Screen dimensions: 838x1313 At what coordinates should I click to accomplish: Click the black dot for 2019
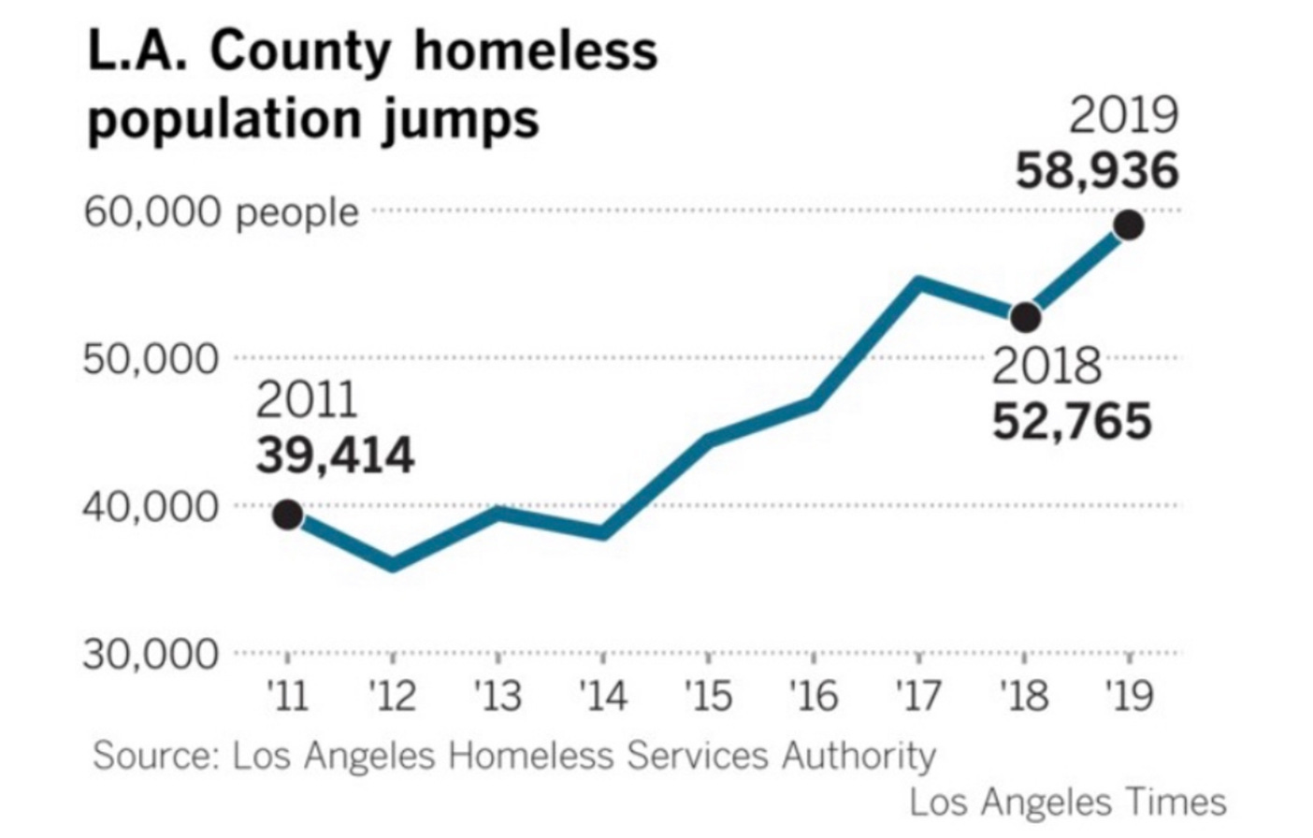[x=1129, y=224]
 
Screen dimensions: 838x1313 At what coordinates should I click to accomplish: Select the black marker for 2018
[x=1025, y=317]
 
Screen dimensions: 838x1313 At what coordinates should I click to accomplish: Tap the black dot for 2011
[x=287, y=514]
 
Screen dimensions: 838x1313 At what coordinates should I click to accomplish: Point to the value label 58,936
[x=1097, y=171]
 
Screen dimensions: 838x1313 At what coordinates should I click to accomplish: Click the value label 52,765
[x=1072, y=422]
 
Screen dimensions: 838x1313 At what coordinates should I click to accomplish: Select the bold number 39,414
[x=335, y=456]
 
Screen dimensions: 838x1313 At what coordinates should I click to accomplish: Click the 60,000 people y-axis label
[x=222, y=213]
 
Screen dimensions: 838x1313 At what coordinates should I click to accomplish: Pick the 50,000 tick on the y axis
[x=151, y=359]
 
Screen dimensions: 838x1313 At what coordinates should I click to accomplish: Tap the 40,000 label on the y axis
[x=151, y=507]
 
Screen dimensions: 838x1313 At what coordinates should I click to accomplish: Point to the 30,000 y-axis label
[x=151, y=655]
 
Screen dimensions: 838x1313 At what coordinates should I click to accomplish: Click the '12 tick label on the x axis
[x=392, y=697]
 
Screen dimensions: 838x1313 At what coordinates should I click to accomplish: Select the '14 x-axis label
[x=602, y=697]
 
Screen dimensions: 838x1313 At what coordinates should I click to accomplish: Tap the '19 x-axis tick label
[x=1129, y=697]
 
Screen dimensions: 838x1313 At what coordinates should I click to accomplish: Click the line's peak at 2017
[x=919, y=282]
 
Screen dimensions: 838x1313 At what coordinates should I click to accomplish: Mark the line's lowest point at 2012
[x=393, y=565]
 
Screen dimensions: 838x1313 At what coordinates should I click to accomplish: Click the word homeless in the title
[x=535, y=51]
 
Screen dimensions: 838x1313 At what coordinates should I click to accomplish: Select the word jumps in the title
[x=460, y=120]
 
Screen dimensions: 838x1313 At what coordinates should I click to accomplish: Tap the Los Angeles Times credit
[x=1067, y=802]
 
